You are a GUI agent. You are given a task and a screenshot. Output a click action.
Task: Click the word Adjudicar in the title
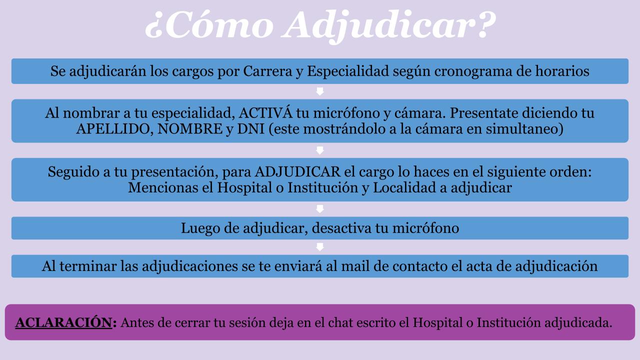388,25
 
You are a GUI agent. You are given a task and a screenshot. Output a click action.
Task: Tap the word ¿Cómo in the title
209,25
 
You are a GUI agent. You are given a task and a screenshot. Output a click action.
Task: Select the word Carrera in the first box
267,71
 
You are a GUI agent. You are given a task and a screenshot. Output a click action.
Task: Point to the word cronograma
473,71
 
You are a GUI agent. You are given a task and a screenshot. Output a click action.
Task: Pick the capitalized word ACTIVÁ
265,113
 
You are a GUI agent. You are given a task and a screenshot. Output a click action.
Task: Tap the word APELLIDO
113,129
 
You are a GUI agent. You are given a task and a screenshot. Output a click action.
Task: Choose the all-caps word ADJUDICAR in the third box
297,172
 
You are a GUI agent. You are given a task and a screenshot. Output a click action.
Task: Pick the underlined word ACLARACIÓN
63,323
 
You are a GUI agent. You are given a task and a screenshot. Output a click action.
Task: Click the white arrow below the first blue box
320,91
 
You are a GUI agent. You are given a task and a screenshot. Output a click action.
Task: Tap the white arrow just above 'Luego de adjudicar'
320,209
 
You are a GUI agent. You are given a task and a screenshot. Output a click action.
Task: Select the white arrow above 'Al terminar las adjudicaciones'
320,247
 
